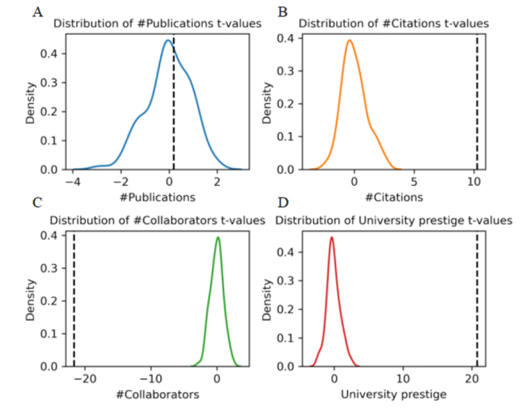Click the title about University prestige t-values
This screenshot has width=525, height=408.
tap(394, 219)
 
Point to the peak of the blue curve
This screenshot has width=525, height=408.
tap(167, 40)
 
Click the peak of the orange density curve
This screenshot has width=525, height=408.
tap(349, 40)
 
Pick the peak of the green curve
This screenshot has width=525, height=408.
tap(217, 238)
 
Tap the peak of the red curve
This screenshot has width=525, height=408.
tap(331, 237)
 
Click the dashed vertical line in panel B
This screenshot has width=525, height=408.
tap(477, 101)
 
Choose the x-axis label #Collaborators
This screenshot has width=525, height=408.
tap(156, 394)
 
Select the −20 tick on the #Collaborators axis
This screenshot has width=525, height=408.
tap(85, 379)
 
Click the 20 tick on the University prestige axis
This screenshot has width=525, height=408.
tap(472, 379)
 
